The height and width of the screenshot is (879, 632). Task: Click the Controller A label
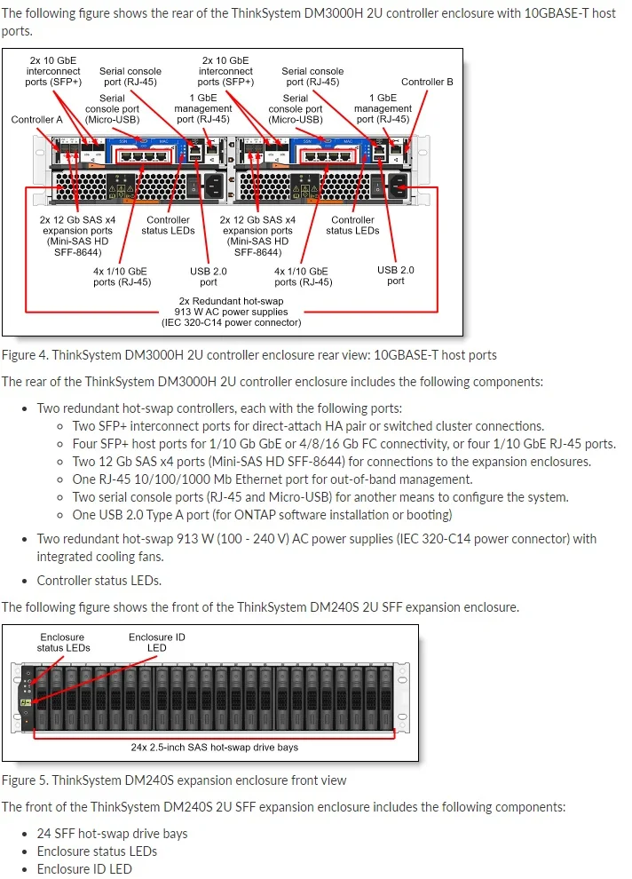pos(36,119)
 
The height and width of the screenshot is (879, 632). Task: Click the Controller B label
pos(427,82)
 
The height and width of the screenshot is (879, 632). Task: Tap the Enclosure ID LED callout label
pos(156,642)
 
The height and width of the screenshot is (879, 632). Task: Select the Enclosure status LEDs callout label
pos(63,642)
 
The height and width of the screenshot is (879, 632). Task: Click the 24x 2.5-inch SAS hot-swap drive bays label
pos(214,747)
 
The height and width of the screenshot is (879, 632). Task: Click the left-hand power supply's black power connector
pos(214,186)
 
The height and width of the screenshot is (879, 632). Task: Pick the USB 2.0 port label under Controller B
pos(395,275)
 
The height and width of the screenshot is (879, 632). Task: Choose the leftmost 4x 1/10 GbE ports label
pos(122,276)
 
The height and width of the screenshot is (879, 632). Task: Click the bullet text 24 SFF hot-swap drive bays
pos(112,834)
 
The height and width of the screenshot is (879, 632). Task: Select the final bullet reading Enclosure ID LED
pos(84,869)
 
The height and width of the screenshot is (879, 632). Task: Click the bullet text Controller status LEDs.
pos(99,581)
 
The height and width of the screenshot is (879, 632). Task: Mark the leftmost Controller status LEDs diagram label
pos(168,226)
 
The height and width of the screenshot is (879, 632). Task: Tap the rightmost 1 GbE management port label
pos(383,108)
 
